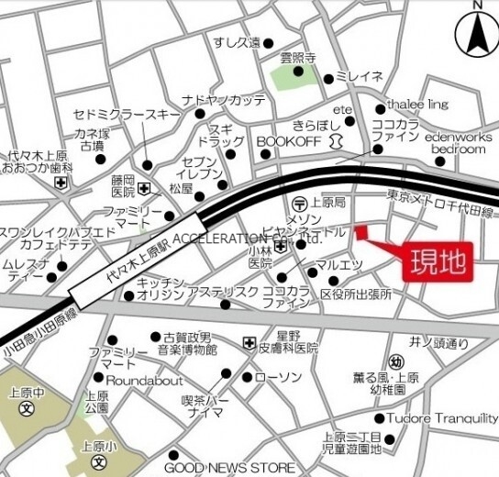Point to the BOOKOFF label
click(x=287, y=142)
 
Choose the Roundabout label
click(x=144, y=380)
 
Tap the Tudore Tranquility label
click(x=442, y=418)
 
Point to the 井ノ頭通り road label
click(x=439, y=343)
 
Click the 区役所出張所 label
click(x=355, y=294)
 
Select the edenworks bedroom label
click(x=458, y=142)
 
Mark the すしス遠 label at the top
click(x=237, y=42)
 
